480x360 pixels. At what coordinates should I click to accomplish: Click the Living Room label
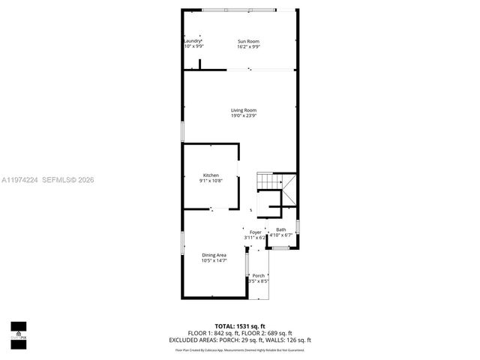pos(244,110)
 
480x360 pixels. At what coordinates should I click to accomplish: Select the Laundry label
pos(193,40)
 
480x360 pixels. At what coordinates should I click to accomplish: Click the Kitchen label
pos(211,175)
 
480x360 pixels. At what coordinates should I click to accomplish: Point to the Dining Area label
pos(214,255)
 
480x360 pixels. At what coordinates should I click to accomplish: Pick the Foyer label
pos(255,232)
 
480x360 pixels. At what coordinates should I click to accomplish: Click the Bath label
pos(280,229)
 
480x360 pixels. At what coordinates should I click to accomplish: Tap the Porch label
pos(258,275)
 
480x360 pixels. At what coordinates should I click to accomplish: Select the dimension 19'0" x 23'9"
pos(244,116)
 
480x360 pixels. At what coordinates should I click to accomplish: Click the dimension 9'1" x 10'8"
pos(211,181)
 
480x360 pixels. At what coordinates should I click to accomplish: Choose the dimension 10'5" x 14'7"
pos(214,261)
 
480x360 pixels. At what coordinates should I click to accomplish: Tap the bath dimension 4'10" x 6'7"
pos(280,235)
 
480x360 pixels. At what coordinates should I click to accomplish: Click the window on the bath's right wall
pos(298,225)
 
